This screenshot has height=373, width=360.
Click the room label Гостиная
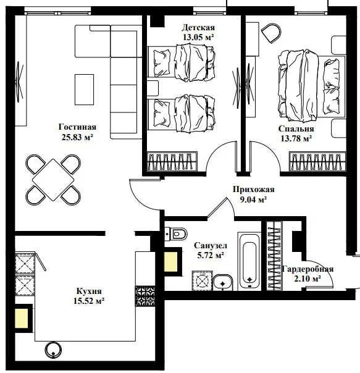(77, 127)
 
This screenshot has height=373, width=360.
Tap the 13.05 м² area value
(198, 37)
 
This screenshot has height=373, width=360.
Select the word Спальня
(296, 129)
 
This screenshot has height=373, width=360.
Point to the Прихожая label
(253, 190)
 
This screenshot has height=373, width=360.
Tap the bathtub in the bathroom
(249, 261)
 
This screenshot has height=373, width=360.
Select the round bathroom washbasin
(223, 282)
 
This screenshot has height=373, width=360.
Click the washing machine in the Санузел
(203, 280)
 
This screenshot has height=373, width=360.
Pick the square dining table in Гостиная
(53, 180)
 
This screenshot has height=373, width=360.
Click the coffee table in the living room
(84, 90)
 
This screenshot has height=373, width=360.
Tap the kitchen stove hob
(145, 296)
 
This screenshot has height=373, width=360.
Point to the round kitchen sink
(53, 350)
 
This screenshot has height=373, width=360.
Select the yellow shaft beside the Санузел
(171, 262)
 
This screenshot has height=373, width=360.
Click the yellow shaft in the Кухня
(22, 318)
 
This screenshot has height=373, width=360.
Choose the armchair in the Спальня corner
(272, 33)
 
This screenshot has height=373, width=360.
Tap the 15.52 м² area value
(89, 301)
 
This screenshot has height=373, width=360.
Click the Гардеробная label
(308, 269)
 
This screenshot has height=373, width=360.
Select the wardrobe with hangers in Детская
(172, 162)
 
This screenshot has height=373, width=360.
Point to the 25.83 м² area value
(77, 138)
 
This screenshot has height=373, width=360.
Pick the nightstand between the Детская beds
(153, 88)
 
